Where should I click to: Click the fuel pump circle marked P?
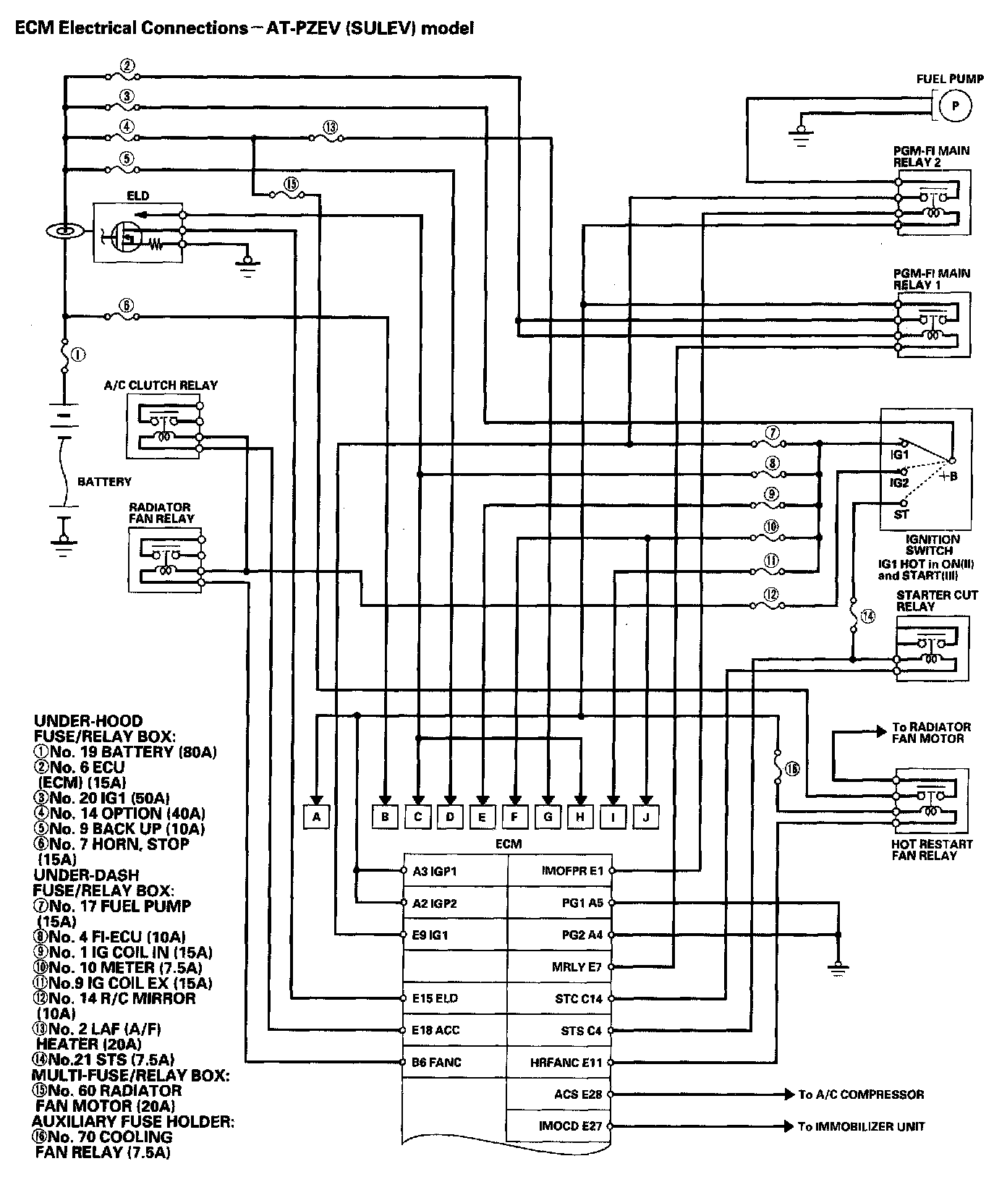click(955, 106)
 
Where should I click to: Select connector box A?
click(316, 817)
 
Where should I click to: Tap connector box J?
click(646, 817)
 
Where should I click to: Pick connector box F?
click(514, 817)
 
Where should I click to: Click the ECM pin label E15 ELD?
click(435, 998)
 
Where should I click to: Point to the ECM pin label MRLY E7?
click(577, 966)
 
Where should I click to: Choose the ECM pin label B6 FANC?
click(436, 1062)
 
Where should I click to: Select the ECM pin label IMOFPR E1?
click(572, 871)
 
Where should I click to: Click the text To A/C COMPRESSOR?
click(861, 1094)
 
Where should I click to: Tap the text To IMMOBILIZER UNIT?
click(861, 1126)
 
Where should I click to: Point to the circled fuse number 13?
click(331, 128)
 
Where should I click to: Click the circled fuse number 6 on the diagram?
click(127, 306)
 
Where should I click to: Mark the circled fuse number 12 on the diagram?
click(772, 595)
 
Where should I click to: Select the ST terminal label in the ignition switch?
click(901, 514)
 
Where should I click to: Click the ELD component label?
click(137, 195)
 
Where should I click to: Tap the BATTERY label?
click(104, 482)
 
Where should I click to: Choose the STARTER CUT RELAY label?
click(936, 600)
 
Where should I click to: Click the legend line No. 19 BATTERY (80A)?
click(125, 752)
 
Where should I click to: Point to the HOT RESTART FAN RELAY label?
click(932, 849)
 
